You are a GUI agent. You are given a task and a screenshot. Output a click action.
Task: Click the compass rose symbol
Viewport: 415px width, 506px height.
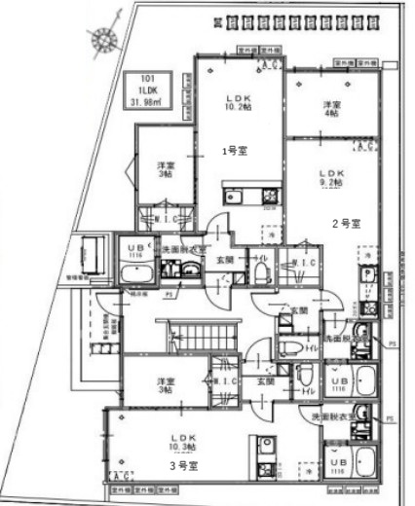point(100,38)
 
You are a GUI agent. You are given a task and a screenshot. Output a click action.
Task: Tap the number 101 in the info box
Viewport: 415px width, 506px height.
point(147,82)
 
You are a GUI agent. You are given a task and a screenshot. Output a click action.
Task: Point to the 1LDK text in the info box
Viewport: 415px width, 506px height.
point(147,93)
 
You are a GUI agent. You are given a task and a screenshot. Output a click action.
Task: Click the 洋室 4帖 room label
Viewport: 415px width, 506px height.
point(332,109)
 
